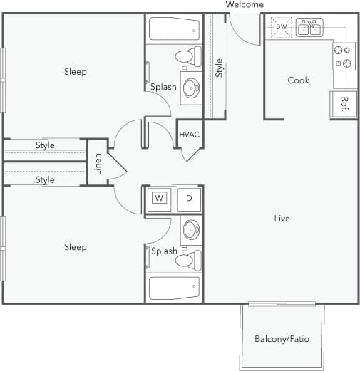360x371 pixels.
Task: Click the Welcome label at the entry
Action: [245, 5]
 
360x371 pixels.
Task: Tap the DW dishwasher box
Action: [281, 28]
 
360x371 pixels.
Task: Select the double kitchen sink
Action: [309, 28]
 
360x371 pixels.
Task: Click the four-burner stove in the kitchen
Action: [344, 56]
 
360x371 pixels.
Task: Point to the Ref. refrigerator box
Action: [344, 104]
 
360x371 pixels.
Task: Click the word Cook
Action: [298, 80]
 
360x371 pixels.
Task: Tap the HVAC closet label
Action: [189, 135]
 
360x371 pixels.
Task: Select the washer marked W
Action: [159, 198]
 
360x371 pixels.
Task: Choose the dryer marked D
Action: [189, 198]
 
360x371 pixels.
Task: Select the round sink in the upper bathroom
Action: [191, 88]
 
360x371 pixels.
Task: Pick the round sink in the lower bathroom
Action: [191, 229]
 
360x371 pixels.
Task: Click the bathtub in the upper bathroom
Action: [175, 29]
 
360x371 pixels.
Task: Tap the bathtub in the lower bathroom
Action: [175, 288]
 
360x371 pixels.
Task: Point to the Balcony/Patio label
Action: [282, 339]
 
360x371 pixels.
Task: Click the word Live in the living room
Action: [282, 219]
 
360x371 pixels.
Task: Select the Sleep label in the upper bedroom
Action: [75, 72]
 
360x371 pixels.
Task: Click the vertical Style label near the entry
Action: [220, 68]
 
